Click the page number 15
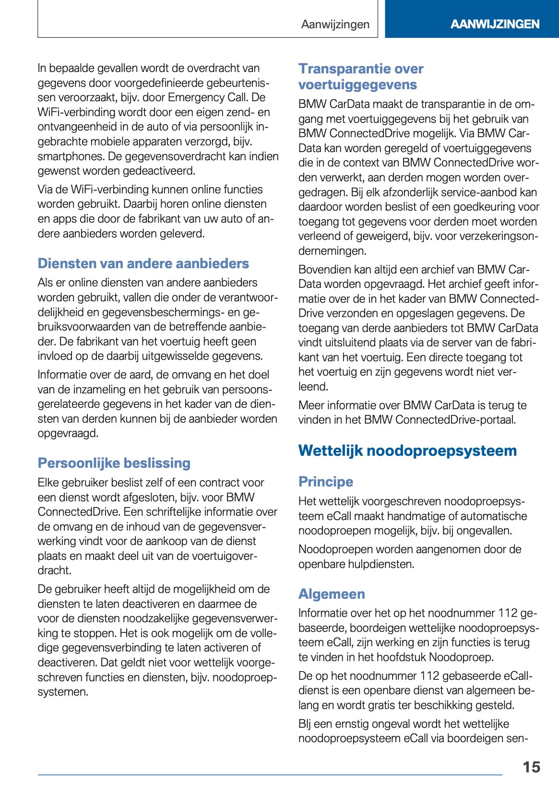click(531, 767)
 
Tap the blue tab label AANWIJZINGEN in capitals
click(495, 24)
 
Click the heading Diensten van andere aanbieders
click(143, 263)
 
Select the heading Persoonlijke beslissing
click(114, 463)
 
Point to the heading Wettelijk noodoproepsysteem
click(407, 450)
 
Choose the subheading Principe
click(325, 482)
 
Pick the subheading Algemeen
click(331, 594)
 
